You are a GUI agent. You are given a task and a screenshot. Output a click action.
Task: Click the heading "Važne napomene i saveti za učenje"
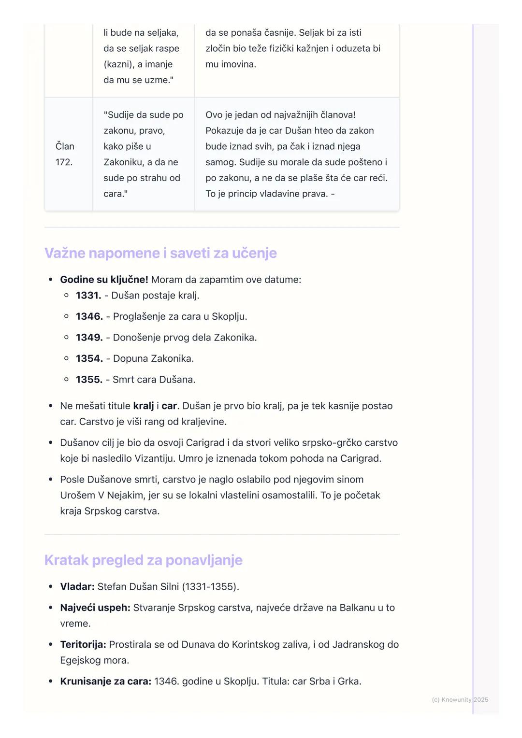pos(160,253)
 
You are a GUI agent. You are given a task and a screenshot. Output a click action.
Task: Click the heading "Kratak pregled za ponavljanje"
pos(144,560)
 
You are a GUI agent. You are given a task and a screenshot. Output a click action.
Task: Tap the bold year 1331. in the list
pos(88,296)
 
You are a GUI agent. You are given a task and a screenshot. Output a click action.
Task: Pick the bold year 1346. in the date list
pos(89,317)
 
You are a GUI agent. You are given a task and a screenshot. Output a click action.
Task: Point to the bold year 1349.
pos(89,338)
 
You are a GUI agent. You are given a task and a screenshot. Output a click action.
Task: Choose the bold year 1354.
pos(89,359)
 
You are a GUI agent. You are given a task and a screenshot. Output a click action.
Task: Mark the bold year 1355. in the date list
pos(89,380)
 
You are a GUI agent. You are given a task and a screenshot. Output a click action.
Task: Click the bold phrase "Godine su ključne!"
pos(104,280)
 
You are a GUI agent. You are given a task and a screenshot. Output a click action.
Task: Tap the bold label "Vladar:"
pos(77,587)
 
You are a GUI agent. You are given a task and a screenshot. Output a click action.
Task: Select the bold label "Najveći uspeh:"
pos(95,608)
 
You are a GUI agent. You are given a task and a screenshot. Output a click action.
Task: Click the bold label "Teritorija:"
pos(83,645)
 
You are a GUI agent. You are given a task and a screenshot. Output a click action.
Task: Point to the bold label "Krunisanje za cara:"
pos(105,681)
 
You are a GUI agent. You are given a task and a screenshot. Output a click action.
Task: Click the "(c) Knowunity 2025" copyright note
pos(460,700)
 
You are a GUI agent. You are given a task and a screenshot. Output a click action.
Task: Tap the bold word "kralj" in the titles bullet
pos(144,406)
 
